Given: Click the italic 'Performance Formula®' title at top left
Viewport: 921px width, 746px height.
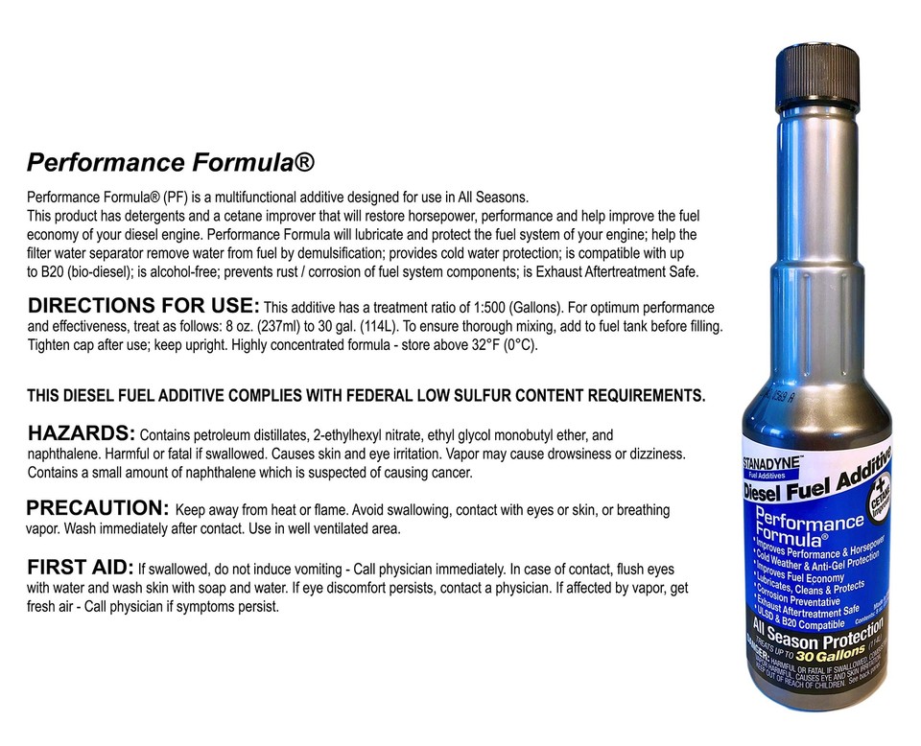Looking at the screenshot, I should tap(170, 160).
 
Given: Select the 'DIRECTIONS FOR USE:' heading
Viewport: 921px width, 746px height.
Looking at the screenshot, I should tap(143, 307).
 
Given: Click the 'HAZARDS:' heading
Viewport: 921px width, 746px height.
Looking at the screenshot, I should tap(82, 433).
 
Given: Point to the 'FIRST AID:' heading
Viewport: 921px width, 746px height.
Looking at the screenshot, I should tap(81, 566).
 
